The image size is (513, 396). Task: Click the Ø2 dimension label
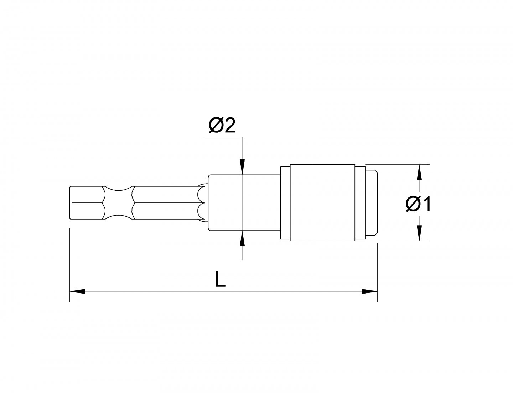pos(222,126)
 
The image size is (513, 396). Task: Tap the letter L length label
pos(221,280)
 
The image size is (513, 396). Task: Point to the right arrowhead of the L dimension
pos(369,291)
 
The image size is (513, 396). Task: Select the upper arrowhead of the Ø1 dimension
pos(420,173)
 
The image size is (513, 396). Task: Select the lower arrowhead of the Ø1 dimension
pos(420,233)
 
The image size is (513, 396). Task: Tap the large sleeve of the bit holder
pos(322,203)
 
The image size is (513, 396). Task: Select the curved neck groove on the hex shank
pos(118,203)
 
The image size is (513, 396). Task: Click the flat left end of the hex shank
pos(71,203)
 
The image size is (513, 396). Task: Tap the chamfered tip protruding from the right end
pos(372,203)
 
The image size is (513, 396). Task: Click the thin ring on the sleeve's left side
pos(285,203)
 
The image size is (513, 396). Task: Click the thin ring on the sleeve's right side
pos(360,203)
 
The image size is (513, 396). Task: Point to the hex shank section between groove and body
pos(164,203)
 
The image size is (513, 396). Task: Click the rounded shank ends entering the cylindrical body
pos(202,203)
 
